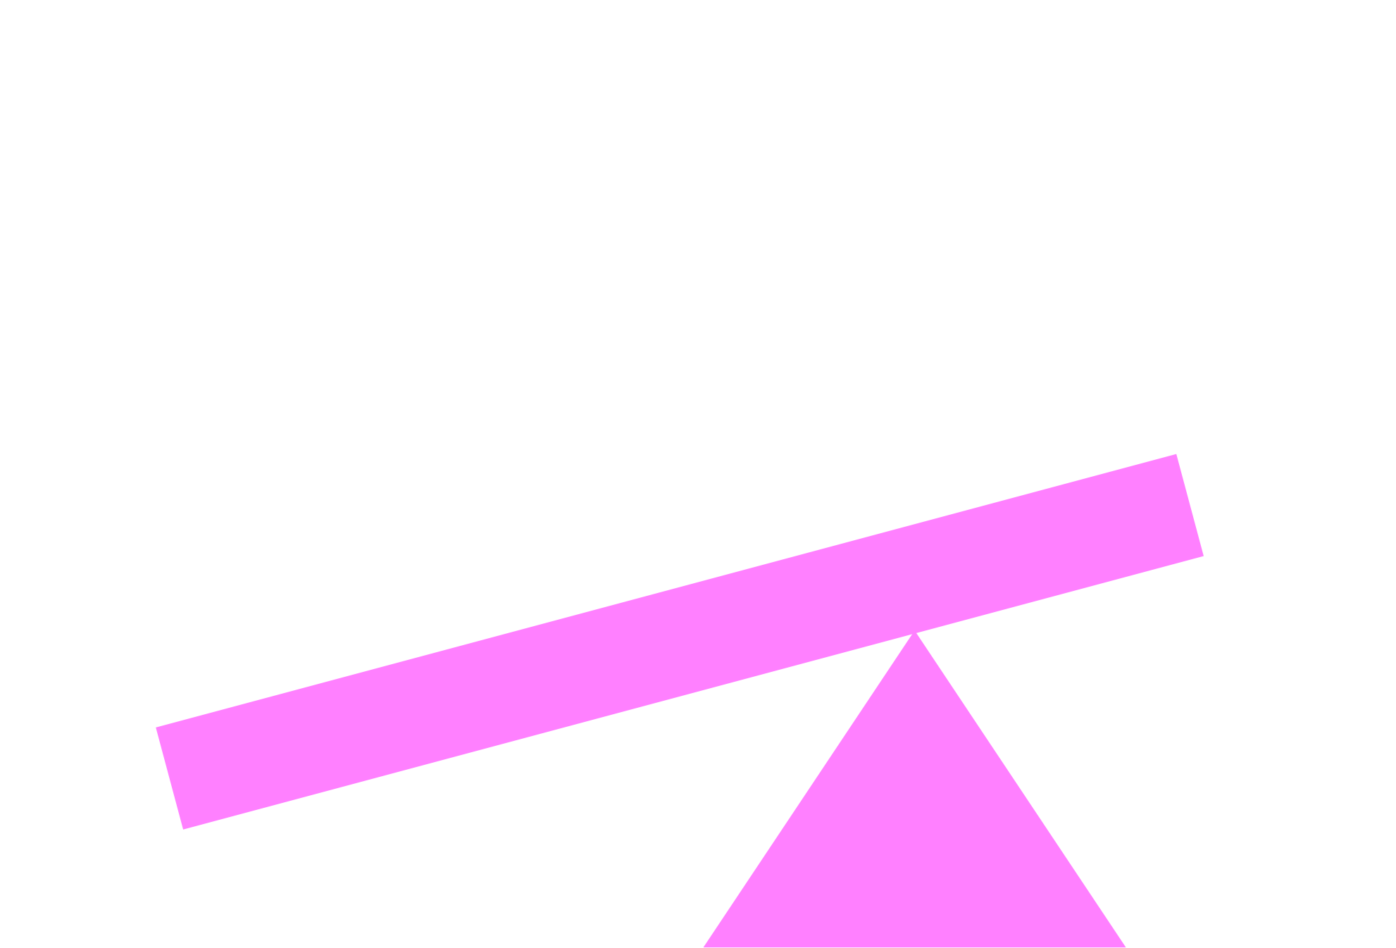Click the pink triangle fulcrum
(914, 831)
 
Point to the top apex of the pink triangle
(914, 637)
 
